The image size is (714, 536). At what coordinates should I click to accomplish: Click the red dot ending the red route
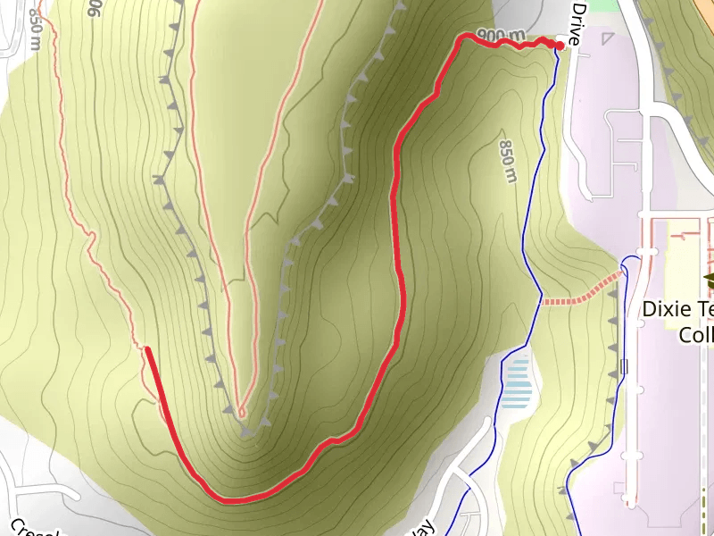pos(560,45)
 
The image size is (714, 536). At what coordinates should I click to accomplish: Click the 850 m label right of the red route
pos(507,161)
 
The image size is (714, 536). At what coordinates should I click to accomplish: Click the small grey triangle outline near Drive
pos(609,38)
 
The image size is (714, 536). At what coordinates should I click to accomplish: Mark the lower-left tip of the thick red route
pos(147,349)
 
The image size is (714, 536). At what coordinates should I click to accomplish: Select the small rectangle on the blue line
pos(624,365)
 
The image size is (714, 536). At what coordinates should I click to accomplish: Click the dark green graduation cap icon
pos(709,281)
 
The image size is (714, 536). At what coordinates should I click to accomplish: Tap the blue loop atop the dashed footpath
pos(630,263)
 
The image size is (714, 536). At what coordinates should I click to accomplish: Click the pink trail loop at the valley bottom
pos(241,412)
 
